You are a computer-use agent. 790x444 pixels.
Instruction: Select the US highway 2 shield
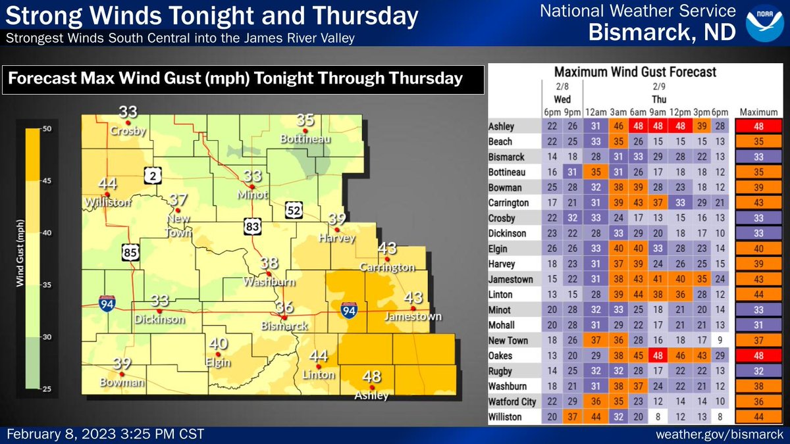point(151,176)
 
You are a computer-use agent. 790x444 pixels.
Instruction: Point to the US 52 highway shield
point(294,210)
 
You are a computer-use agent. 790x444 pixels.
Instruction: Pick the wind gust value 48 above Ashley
point(372,377)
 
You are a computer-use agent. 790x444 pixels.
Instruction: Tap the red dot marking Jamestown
point(413,308)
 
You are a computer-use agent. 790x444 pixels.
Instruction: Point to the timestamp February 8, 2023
point(105,435)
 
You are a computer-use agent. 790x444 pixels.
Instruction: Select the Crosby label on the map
point(128,131)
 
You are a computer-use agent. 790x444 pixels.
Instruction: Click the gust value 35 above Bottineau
point(305,120)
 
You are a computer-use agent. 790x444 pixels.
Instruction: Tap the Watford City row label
point(512,402)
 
